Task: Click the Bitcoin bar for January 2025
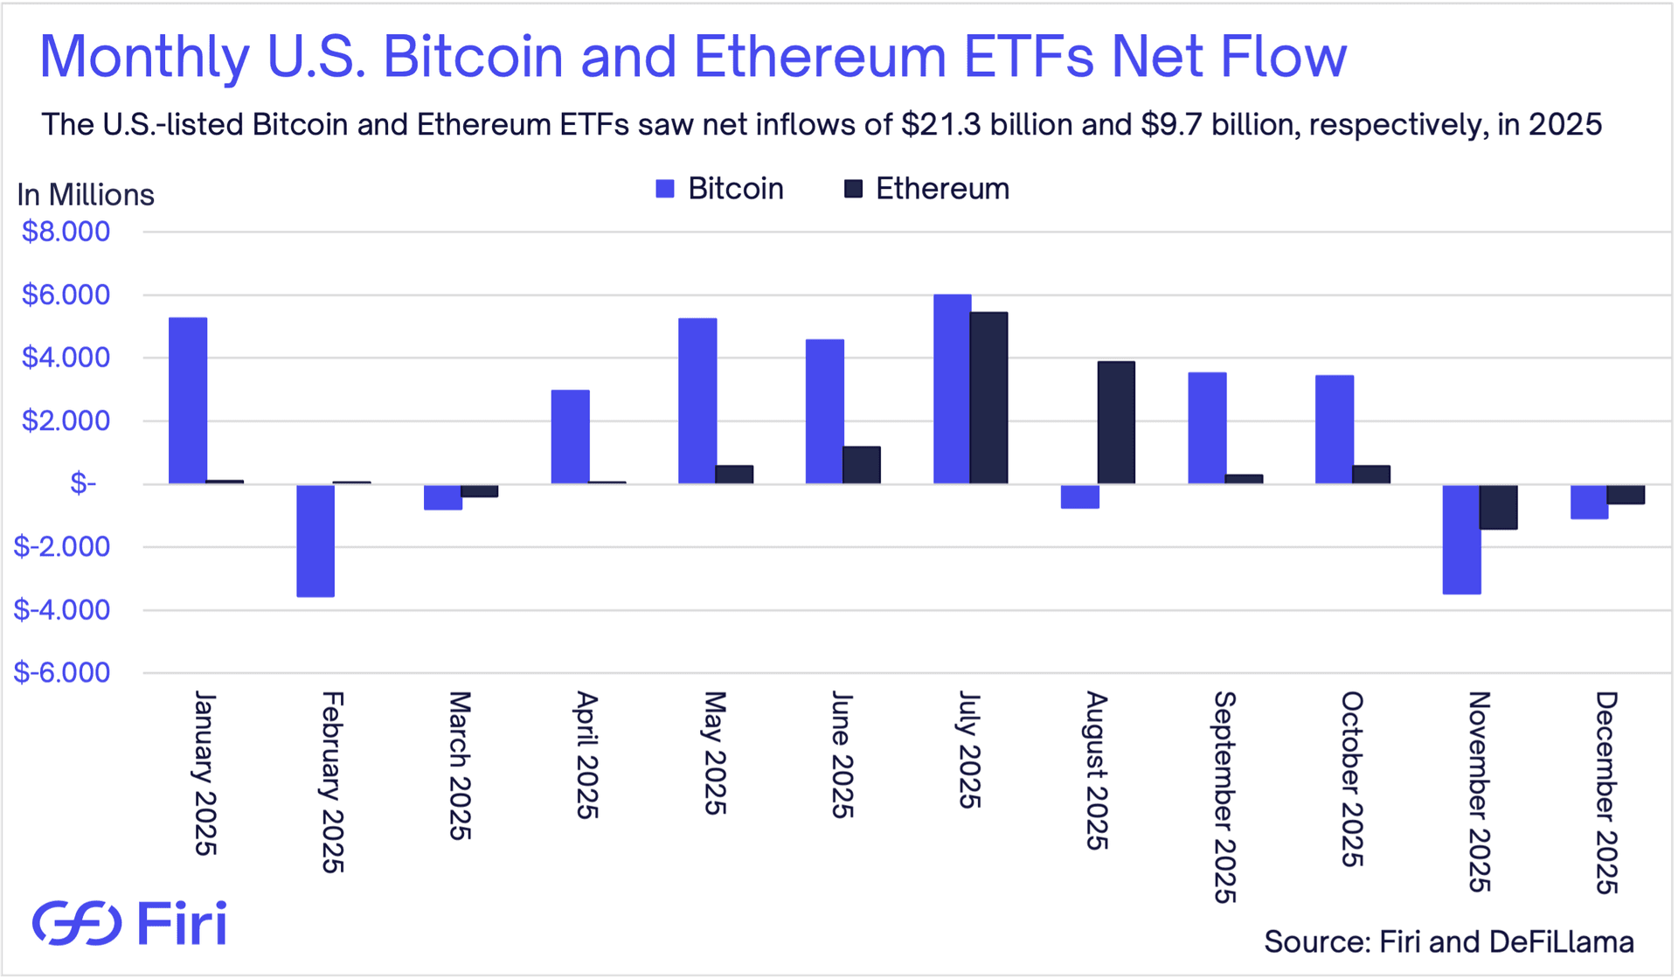click(188, 400)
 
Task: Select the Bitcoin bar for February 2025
click(315, 540)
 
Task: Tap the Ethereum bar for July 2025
click(989, 398)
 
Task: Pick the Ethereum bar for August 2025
click(1116, 422)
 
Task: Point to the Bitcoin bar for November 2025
click(1461, 538)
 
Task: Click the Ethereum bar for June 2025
click(862, 465)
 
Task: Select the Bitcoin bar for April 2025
click(570, 436)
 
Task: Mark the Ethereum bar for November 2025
click(1498, 507)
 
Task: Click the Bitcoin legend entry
click(719, 189)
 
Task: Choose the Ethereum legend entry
click(926, 189)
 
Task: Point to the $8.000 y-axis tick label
click(66, 232)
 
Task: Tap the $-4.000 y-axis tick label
click(62, 609)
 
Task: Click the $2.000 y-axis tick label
click(66, 420)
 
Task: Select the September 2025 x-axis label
click(1224, 796)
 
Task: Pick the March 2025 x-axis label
click(460, 766)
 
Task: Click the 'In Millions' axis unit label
click(86, 195)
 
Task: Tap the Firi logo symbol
click(77, 923)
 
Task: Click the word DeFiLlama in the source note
click(1561, 941)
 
